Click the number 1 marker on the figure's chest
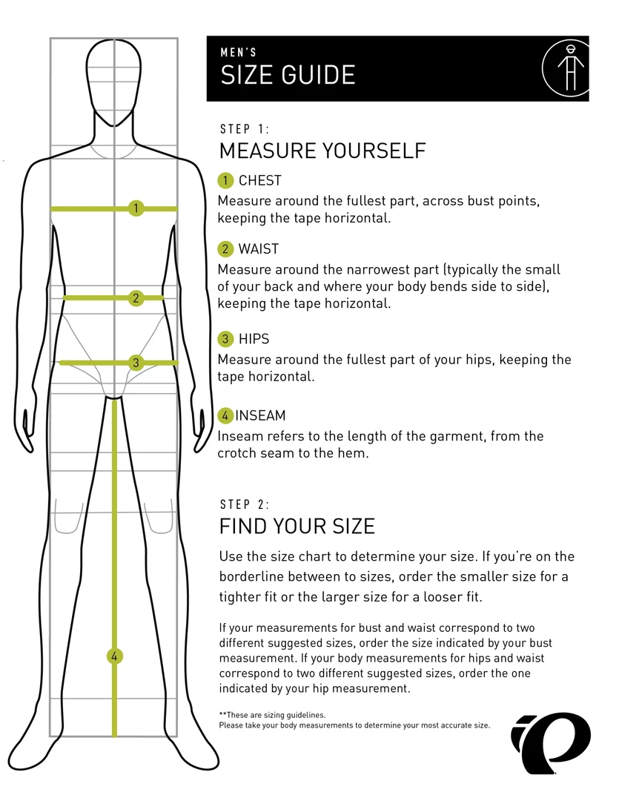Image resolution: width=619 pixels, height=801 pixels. pos(136,208)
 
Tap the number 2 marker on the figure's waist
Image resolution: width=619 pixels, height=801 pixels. pos(136,298)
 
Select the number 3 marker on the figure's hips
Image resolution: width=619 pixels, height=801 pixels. pos(136,363)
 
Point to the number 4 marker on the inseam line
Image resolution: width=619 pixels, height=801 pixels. pos(114,656)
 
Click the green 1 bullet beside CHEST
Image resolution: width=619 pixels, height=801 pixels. pos(225,180)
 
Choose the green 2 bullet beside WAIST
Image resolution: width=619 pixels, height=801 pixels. pos(225,248)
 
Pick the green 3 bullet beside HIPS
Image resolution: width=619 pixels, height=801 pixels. pos(225,339)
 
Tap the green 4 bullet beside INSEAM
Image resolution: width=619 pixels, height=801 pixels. pos(225,415)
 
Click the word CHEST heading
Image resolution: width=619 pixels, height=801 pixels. pos(260,180)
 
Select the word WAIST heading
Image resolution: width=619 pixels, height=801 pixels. pos(259,248)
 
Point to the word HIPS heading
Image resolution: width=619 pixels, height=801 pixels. pos(254,339)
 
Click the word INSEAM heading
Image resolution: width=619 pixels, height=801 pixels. pos(260,415)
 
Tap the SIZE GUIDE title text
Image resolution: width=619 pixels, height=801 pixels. pos(288,75)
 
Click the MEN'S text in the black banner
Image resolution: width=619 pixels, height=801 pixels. pos(239,52)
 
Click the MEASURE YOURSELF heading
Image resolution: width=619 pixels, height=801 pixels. pos(322,151)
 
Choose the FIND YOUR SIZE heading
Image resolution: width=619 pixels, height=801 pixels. pos(297,526)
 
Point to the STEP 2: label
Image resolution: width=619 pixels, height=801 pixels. pos(244,505)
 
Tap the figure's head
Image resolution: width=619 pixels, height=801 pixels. pos(113,82)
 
